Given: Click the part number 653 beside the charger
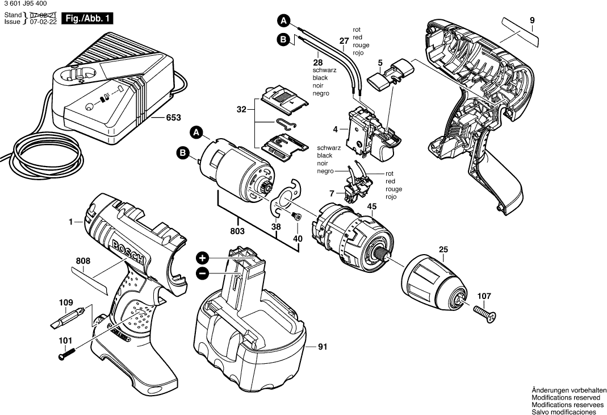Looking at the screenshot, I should [173, 118].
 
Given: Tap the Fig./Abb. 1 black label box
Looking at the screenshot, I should [87, 19].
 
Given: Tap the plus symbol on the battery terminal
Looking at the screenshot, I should [203, 257].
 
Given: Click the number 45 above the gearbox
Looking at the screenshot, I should [372, 206].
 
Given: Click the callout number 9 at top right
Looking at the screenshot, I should [532, 21].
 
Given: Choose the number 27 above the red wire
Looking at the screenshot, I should [344, 41].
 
